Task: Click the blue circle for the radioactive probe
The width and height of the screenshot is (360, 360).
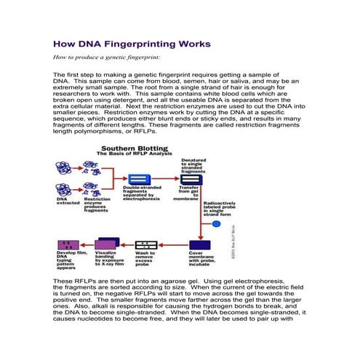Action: pos(216,221)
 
